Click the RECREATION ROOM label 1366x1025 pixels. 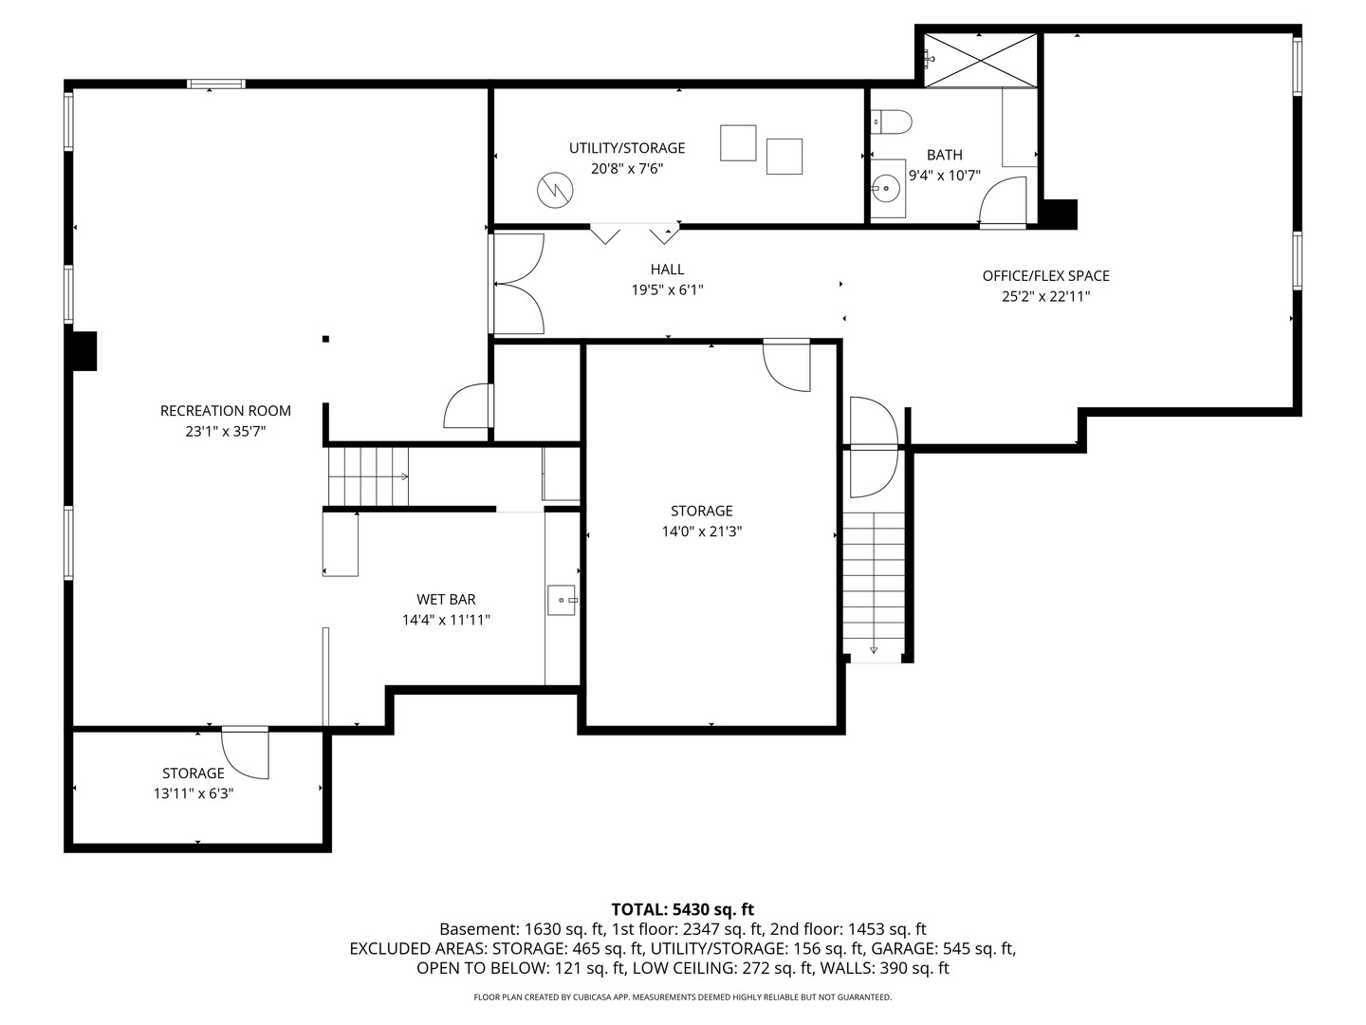coord(225,411)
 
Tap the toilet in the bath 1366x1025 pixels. coord(892,121)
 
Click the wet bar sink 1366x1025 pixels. coord(562,601)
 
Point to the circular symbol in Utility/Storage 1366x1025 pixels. coord(555,191)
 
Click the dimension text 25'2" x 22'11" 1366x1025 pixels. coord(1045,296)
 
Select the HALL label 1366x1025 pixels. coord(667,270)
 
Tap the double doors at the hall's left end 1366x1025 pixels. coord(517,283)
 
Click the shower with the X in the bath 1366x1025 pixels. coord(981,58)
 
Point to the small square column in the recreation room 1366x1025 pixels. coord(325,339)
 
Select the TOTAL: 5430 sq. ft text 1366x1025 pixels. coord(682,909)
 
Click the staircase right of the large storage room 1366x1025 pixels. coord(874,584)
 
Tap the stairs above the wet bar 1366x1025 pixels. coord(368,476)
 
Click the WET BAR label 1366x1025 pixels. coord(446,600)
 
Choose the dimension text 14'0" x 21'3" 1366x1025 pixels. coord(701,531)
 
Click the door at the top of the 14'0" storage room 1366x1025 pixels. coord(788,366)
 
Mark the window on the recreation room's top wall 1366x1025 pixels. coord(216,84)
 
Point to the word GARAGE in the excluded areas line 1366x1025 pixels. coord(900,948)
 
